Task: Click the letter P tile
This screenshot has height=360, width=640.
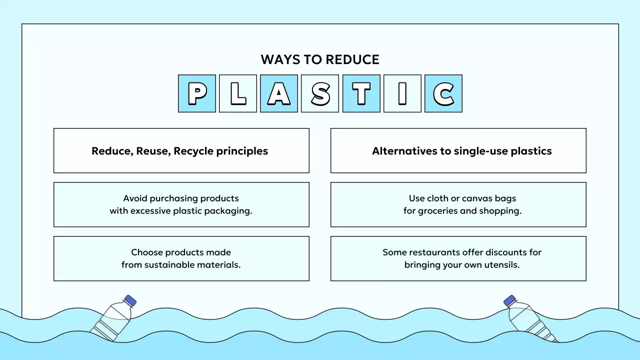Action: point(197,93)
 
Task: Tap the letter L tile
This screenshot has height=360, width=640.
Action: point(238,93)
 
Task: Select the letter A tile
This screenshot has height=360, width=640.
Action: point(279,93)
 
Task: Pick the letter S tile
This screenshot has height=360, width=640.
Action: point(320,93)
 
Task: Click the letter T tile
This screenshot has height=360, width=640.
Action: point(361,93)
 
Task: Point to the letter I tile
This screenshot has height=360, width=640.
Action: point(402,93)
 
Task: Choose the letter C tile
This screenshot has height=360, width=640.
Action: point(443,93)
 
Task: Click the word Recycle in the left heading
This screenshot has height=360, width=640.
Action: point(193,151)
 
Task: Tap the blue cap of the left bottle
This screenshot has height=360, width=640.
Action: point(130,300)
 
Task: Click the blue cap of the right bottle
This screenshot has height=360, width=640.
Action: point(509,300)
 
